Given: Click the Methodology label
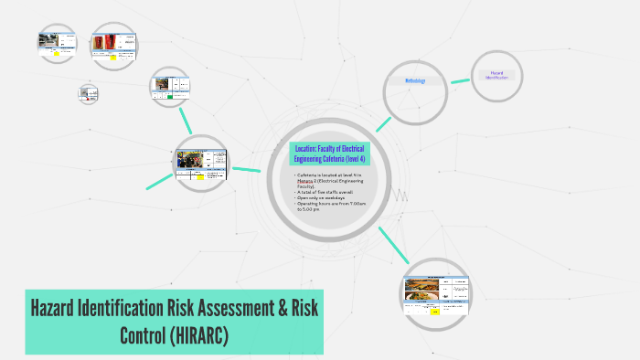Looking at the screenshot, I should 416,80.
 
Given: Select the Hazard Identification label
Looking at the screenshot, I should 497,75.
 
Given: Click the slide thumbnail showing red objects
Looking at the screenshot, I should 119,43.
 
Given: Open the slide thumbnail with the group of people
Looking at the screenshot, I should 201,164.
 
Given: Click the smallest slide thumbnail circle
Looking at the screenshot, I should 88,92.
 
